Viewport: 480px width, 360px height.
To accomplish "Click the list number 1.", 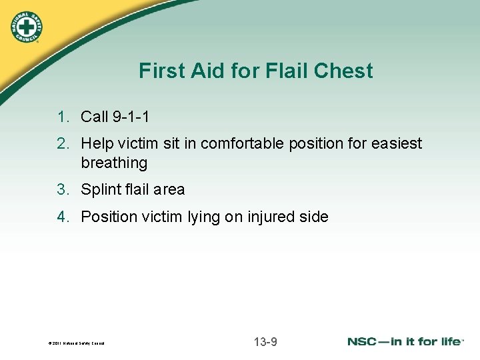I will point(62,117).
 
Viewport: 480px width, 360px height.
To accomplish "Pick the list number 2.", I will point(62,144).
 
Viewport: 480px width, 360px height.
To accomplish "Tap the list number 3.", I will point(62,190).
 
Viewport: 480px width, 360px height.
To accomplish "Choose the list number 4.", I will point(62,217).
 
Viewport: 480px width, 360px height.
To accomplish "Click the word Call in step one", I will point(95,117).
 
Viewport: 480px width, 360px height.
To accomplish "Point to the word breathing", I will point(114,163).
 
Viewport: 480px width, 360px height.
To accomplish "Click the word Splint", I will point(99,190).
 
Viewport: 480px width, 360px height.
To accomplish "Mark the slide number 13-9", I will point(265,342).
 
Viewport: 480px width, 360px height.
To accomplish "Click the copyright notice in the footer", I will point(77,343).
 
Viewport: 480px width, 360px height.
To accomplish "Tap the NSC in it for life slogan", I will point(405,341).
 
